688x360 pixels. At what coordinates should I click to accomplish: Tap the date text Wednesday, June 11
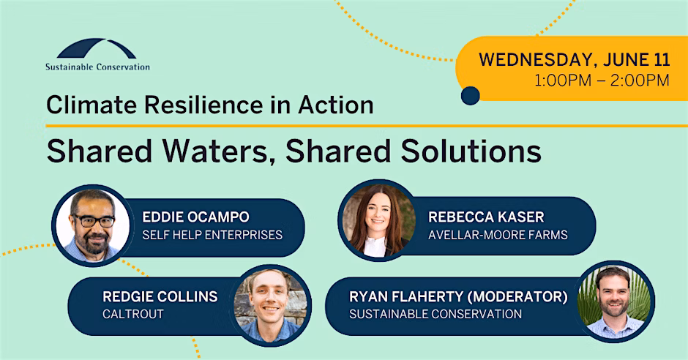(x=575, y=60)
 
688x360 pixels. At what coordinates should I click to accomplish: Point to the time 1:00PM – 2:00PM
(x=602, y=80)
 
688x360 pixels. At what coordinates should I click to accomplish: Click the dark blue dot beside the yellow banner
(x=471, y=96)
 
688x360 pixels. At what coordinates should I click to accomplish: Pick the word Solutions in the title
(x=471, y=151)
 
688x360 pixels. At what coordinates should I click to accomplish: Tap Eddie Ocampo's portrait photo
(x=92, y=225)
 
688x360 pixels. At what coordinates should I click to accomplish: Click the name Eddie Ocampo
(x=195, y=217)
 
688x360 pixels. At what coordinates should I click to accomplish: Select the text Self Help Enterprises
(x=212, y=235)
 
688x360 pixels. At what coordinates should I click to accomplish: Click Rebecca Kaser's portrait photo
(x=378, y=220)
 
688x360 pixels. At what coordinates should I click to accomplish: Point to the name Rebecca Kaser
(x=486, y=217)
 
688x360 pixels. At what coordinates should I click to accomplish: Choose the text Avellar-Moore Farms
(x=498, y=235)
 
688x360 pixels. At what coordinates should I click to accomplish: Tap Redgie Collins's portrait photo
(x=270, y=305)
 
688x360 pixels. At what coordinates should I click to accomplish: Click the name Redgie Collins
(x=160, y=297)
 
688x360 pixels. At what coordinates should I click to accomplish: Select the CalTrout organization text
(x=133, y=315)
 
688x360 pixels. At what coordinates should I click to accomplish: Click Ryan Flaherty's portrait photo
(x=614, y=301)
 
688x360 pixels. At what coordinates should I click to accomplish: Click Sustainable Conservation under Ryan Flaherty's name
(x=435, y=315)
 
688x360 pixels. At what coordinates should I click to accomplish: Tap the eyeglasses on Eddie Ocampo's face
(x=94, y=221)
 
